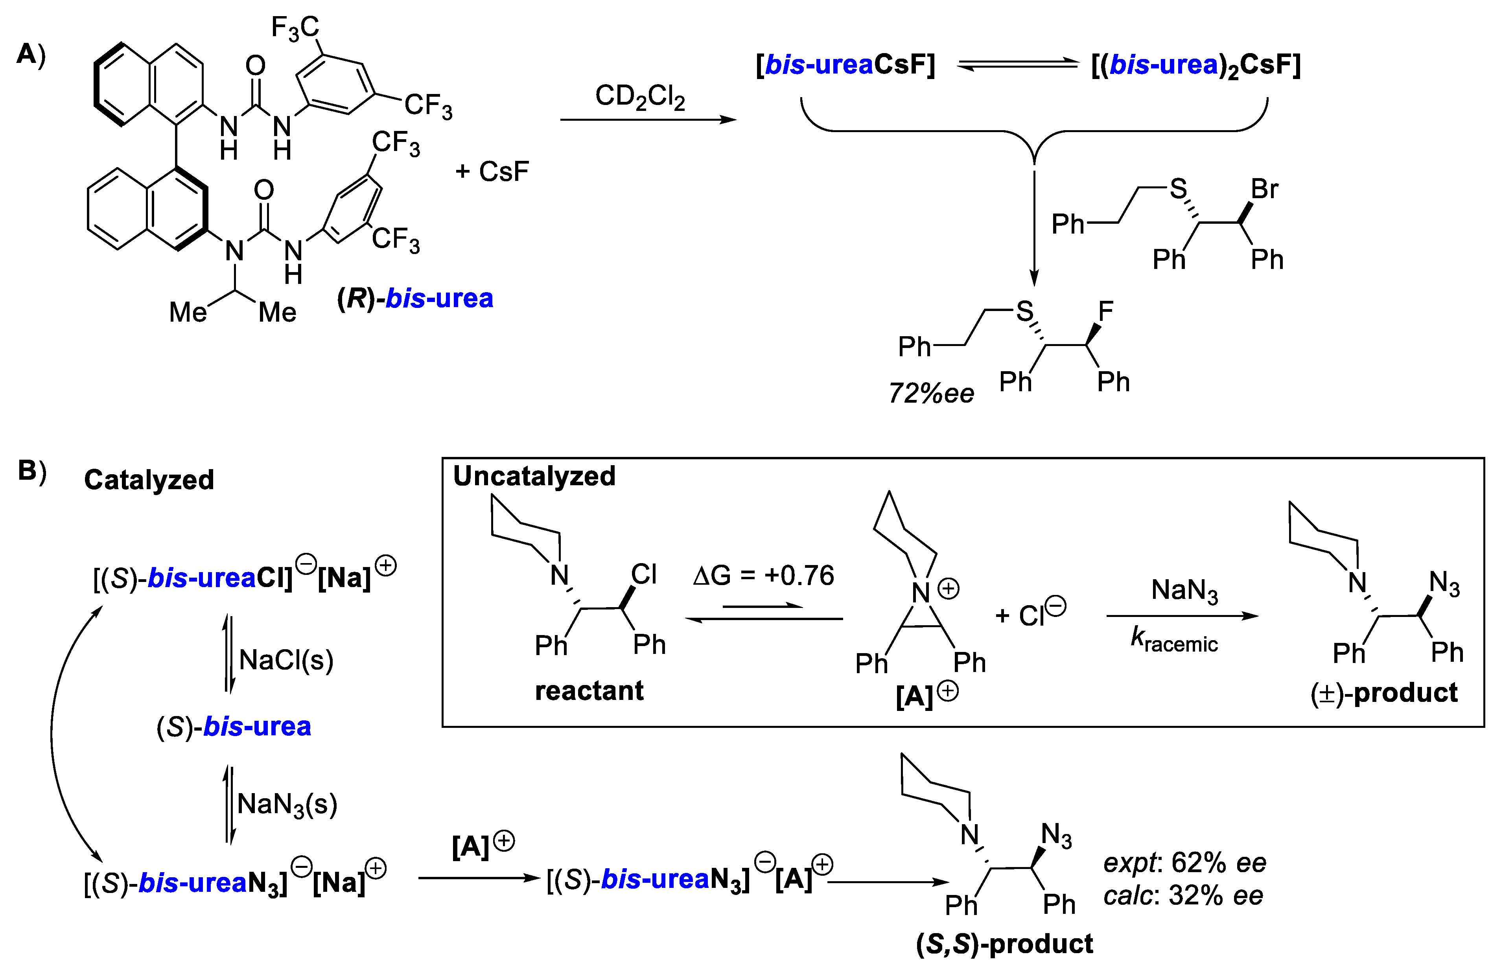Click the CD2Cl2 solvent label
click(640, 98)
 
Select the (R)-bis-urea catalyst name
click(415, 298)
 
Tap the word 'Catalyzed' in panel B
click(149, 480)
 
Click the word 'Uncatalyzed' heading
click(534, 476)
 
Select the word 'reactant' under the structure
click(589, 690)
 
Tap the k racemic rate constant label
click(1174, 641)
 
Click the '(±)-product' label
click(1383, 693)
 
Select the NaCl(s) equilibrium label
click(286, 660)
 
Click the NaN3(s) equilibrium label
click(287, 804)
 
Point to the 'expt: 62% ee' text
click(1184, 862)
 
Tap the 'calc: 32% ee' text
click(1183, 895)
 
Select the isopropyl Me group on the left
click(188, 312)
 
